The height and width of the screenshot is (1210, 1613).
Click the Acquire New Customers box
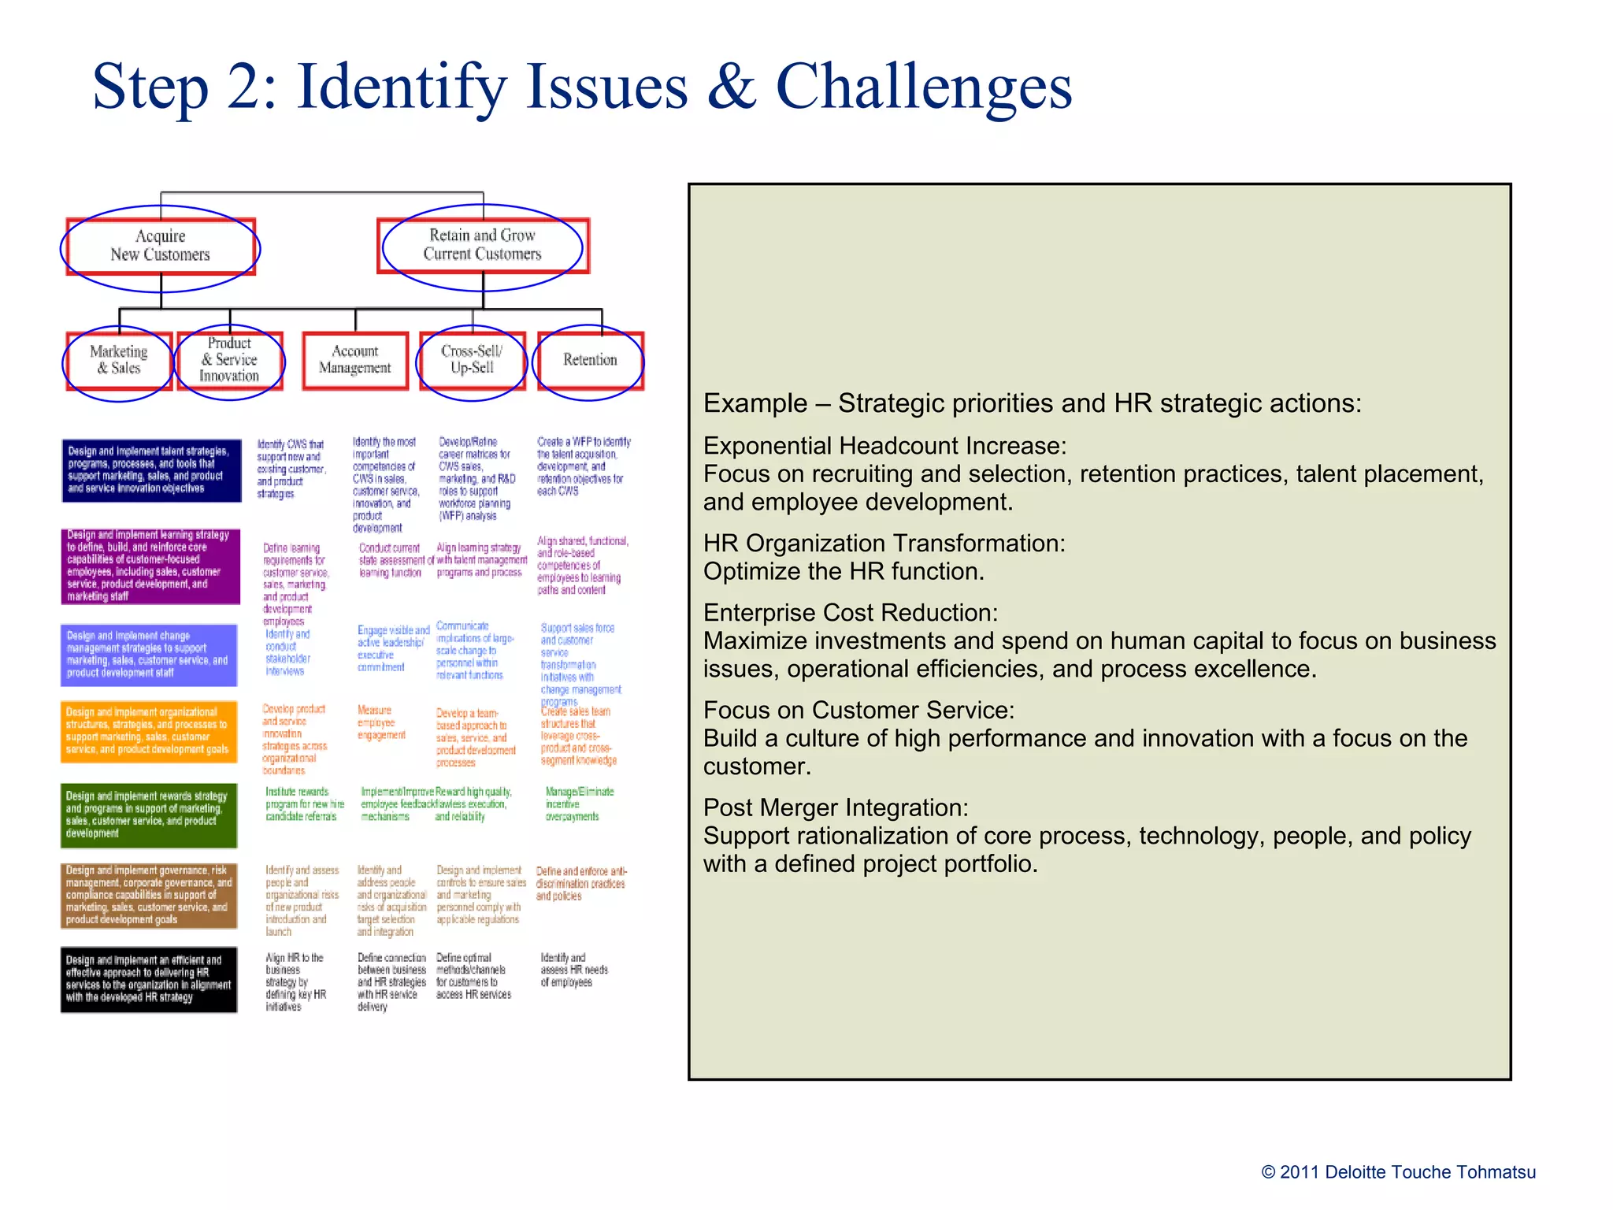[x=161, y=246]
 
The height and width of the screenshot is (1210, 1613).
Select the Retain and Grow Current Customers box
[x=483, y=245]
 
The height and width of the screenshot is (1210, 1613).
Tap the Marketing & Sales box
[x=119, y=360]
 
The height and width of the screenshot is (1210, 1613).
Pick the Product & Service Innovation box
[x=229, y=360]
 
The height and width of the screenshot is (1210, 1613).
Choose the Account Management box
[x=355, y=360]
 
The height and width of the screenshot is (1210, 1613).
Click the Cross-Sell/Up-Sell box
[x=472, y=360]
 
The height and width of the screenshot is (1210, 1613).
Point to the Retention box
[x=590, y=360]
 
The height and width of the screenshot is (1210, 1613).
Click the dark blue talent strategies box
[x=151, y=470]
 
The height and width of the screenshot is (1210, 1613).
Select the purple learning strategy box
[x=150, y=566]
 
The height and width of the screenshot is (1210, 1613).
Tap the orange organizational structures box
[x=149, y=732]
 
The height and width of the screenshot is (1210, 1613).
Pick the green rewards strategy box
[x=149, y=815]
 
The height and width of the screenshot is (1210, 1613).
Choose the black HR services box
[x=149, y=979]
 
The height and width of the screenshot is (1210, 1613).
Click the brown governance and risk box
[x=149, y=895]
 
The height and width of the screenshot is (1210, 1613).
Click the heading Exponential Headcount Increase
[x=884, y=446]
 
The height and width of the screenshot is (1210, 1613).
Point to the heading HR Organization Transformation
[x=884, y=544]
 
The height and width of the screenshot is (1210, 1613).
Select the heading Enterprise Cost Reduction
[x=851, y=613]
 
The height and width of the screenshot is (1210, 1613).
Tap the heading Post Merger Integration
[x=836, y=808]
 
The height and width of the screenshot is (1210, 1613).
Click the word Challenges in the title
[x=924, y=87]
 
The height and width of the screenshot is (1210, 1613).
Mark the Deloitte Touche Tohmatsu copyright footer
[x=1398, y=1172]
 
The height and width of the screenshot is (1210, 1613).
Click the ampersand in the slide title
[x=732, y=87]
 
